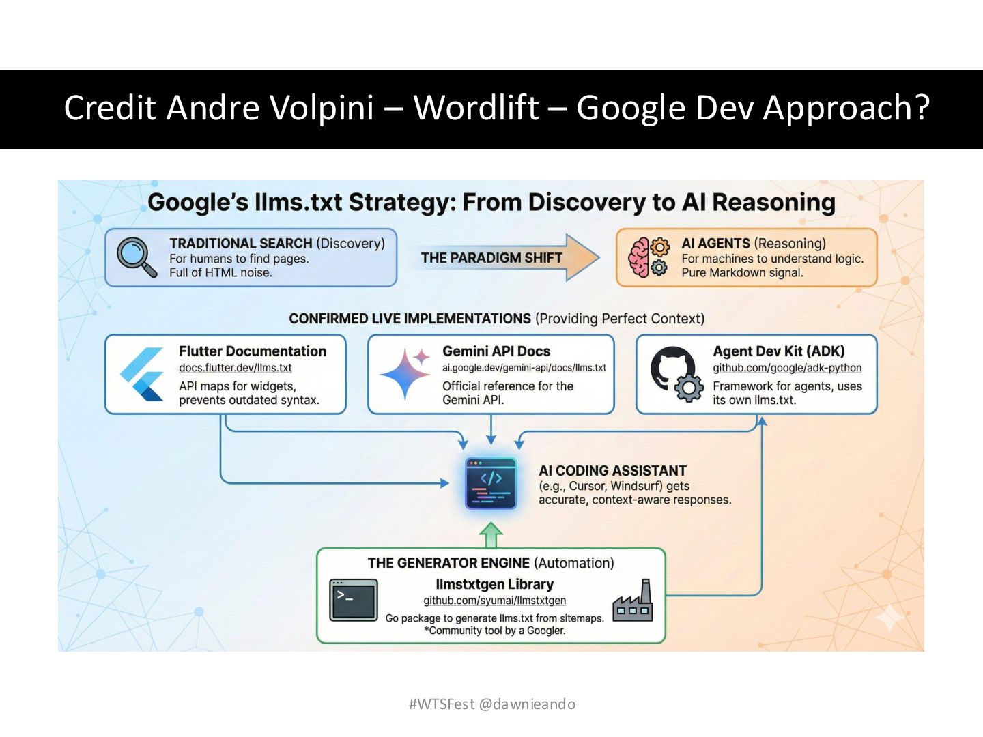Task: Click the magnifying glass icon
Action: pyautogui.click(x=136, y=257)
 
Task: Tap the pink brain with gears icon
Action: pyautogui.click(x=648, y=257)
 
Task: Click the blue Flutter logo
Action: pyautogui.click(x=143, y=374)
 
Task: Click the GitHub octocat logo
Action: pyautogui.click(x=673, y=369)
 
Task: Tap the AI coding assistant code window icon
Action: pyautogui.click(x=491, y=483)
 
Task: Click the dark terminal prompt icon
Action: pyautogui.click(x=353, y=600)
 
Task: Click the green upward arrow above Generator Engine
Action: pyautogui.click(x=491, y=535)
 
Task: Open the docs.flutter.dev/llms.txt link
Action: pyautogui.click(x=235, y=368)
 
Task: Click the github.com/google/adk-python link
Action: pyautogui.click(x=787, y=368)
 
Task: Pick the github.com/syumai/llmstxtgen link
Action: pyautogui.click(x=494, y=601)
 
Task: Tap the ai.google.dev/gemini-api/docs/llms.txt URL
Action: pyautogui.click(x=524, y=368)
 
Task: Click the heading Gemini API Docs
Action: pyautogui.click(x=496, y=351)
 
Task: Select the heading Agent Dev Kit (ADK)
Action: pyautogui.click(x=778, y=351)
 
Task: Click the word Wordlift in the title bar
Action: pyautogui.click(x=476, y=108)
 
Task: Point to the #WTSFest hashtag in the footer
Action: pyautogui.click(x=441, y=704)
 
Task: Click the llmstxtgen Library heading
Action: pyautogui.click(x=494, y=584)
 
